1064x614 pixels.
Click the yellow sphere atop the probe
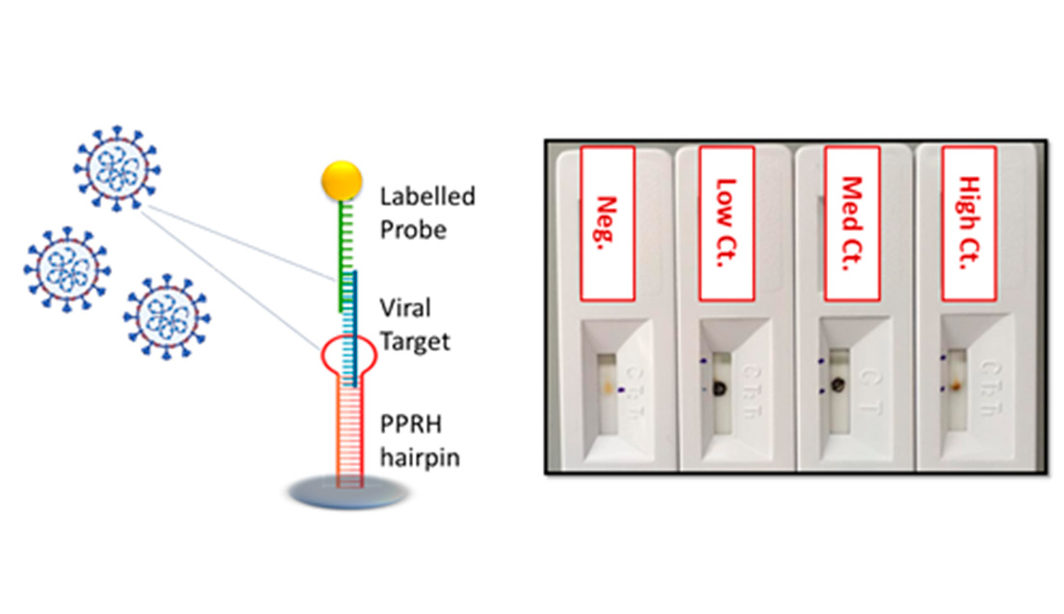pyautogui.click(x=342, y=180)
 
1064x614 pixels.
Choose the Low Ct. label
pyautogui.click(x=725, y=223)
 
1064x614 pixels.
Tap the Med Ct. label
pyautogui.click(x=850, y=223)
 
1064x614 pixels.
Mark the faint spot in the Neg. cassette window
pyautogui.click(x=606, y=388)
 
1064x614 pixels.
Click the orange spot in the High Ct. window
pyautogui.click(x=955, y=386)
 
